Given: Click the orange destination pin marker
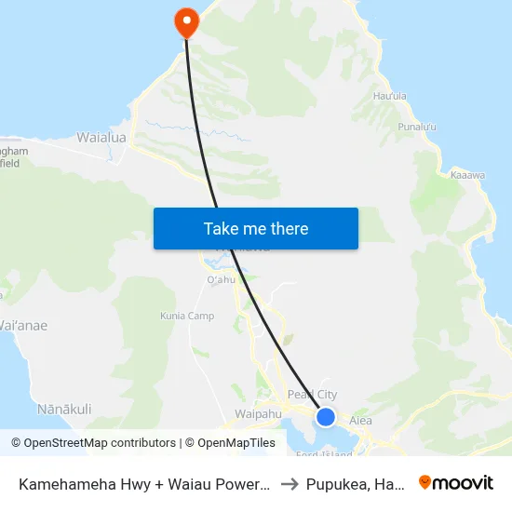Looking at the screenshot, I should coord(187,22).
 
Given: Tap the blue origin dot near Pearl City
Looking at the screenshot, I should coord(326,416).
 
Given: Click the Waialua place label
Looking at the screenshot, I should coord(101,137).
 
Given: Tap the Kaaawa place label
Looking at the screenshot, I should coord(466,174).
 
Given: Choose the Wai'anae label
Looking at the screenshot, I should coord(23,326).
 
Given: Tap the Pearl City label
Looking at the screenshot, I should coord(313,395).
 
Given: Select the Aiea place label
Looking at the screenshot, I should coord(360,421).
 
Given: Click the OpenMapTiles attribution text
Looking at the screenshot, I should coord(230,443).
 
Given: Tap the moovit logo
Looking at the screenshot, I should coord(456,482).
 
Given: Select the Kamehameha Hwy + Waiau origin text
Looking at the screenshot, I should coord(144,483).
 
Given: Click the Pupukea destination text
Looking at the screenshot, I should coord(359,483).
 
